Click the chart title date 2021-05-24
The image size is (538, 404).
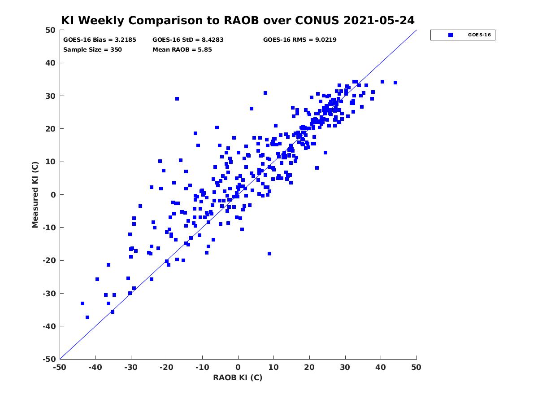click(379, 20)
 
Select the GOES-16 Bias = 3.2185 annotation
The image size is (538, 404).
click(100, 40)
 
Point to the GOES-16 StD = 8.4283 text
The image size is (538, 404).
click(188, 40)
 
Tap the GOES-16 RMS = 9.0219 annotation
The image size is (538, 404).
click(299, 40)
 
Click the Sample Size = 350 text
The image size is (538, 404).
click(92, 49)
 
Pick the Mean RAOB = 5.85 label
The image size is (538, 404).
click(182, 49)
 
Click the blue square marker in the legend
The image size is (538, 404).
click(450, 35)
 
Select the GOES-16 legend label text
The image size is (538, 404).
click(479, 35)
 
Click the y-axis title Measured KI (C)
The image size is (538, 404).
click(35, 194)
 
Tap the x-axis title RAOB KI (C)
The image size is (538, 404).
click(238, 377)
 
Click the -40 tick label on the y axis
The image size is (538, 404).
click(49, 326)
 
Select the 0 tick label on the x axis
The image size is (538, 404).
click(238, 367)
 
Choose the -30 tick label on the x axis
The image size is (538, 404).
click(130, 367)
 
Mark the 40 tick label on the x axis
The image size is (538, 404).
click(380, 367)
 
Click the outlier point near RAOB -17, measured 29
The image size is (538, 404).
click(177, 99)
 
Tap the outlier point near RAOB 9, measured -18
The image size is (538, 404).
click(269, 254)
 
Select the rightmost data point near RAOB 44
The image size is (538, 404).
click(395, 83)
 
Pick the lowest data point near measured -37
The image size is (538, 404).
click(87, 317)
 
